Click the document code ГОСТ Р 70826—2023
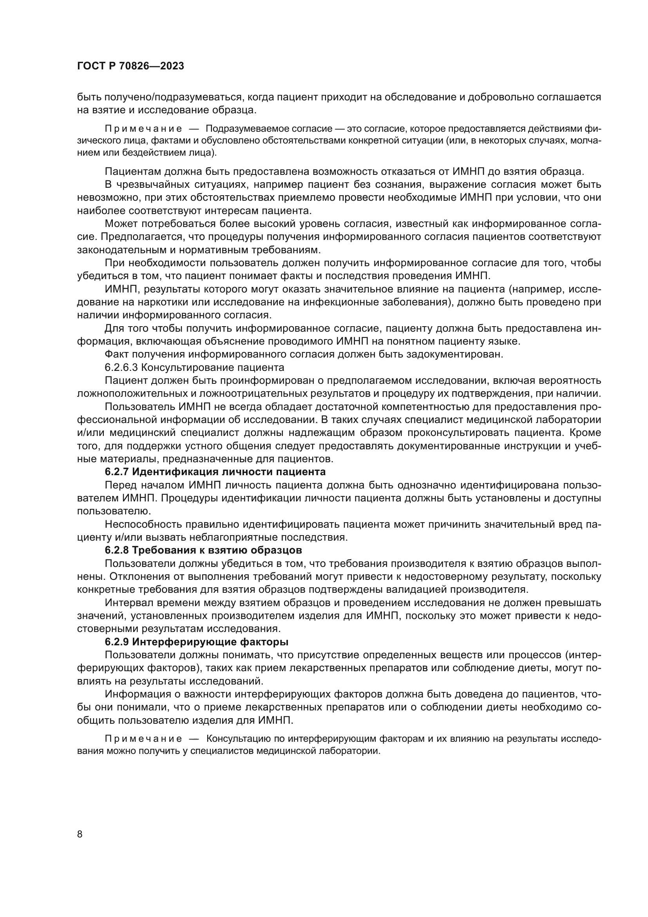pyautogui.click(x=130, y=66)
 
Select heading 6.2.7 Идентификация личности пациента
pyautogui.click(x=215, y=472)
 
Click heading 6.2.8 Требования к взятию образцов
pyautogui.click(x=203, y=550)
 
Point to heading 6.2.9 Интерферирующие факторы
pyautogui.click(x=196, y=642)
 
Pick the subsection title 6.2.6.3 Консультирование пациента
pyautogui.click(x=194, y=367)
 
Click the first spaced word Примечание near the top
pyautogui.click(x=143, y=129)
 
